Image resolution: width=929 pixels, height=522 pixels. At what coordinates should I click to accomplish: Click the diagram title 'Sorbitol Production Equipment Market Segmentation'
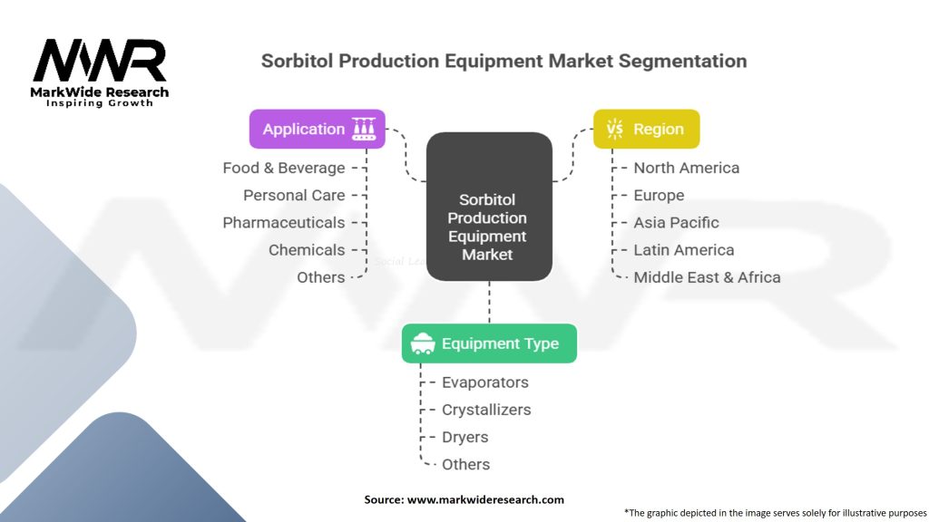pos(504,62)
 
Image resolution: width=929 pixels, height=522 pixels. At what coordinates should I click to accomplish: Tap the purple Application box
pos(317,129)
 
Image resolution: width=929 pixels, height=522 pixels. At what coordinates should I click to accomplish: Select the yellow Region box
pos(646,129)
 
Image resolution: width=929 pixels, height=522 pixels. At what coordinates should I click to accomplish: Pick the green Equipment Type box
pos(489,343)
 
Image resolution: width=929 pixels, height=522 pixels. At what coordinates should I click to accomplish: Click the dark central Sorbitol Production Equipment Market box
pos(488,206)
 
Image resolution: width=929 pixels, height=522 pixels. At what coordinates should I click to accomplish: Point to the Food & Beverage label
pos(284,168)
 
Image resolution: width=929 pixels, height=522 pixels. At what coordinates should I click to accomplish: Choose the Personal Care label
pos(294,195)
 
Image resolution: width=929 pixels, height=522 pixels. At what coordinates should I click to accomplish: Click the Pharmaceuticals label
pos(284,222)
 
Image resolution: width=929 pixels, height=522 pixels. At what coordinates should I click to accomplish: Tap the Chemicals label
pos(307,249)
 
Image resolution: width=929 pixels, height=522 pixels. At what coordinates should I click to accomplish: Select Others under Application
pos(321,277)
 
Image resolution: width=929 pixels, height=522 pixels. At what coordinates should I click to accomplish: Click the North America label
pos(686,168)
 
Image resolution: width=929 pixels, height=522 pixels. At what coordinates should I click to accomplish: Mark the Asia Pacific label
pos(676,222)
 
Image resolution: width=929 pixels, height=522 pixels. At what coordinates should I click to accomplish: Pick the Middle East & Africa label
pos(707,277)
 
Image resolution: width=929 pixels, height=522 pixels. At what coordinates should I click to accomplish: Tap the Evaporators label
pos(484,382)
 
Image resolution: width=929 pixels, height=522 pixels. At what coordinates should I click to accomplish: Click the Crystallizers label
pos(486,410)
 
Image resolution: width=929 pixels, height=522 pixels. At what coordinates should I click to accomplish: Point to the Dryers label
pos(464,437)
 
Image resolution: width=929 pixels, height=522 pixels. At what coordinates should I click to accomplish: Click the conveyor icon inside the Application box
pos(364,129)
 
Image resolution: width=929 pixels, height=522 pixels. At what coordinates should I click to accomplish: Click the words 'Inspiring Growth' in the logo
pos(100,103)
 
